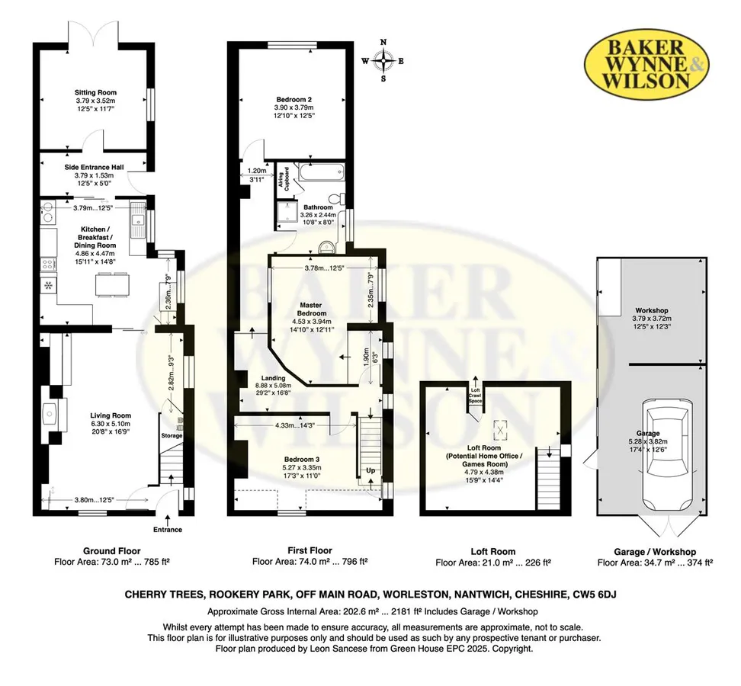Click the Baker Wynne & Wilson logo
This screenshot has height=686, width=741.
click(646, 64)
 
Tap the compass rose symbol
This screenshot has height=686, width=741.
click(383, 60)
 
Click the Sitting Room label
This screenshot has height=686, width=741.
click(95, 92)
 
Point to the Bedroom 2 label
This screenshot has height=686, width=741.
click(294, 100)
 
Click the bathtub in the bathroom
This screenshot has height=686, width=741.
click(319, 172)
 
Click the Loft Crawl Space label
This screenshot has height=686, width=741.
click(476, 396)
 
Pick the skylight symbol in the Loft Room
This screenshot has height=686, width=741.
click(500, 429)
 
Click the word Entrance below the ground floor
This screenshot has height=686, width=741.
click(167, 530)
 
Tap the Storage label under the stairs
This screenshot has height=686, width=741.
click(172, 435)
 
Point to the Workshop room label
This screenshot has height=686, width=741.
click(652, 310)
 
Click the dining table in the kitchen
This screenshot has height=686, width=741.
click(112, 284)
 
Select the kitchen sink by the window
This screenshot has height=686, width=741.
click(138, 220)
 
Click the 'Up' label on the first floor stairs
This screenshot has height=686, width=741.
click(370, 470)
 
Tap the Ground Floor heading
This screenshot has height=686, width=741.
click(112, 551)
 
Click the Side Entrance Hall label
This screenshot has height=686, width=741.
click(95, 167)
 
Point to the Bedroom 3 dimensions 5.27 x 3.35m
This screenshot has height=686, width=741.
click(299, 468)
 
